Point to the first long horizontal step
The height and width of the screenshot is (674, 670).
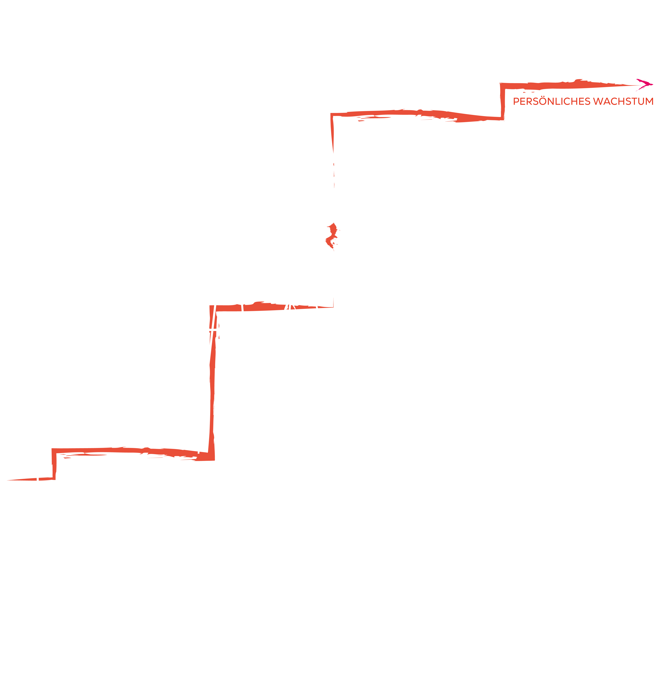[133, 451]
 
